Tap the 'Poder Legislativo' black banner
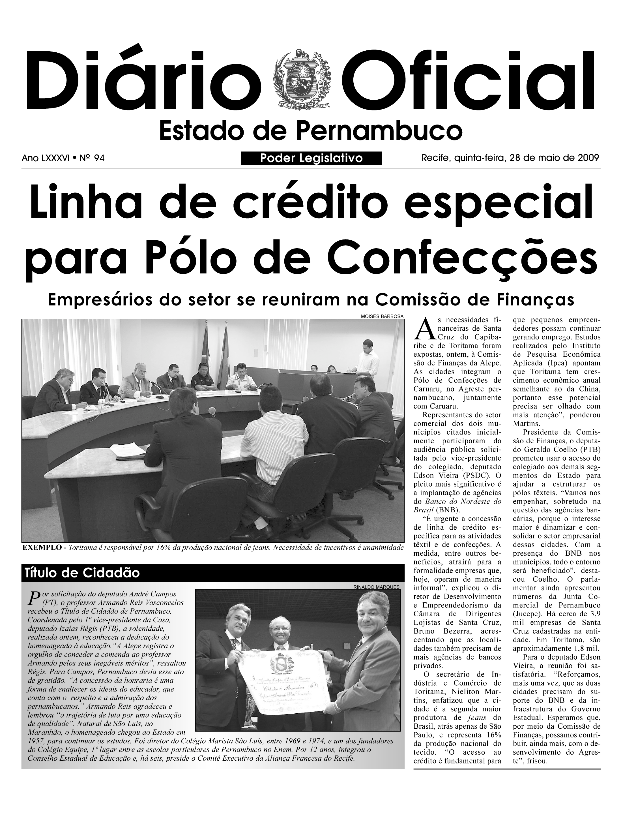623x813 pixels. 311,159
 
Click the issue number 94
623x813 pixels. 99,159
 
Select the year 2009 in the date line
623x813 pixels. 588,158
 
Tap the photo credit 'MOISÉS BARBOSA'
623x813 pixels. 382,316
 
